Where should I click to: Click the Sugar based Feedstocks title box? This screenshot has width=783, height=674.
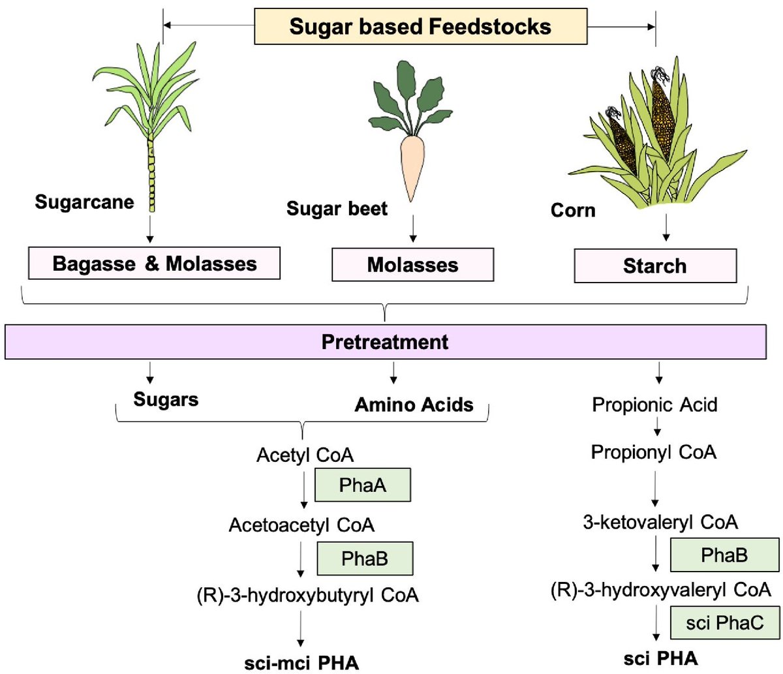tap(420, 27)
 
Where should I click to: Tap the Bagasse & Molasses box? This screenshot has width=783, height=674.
tap(154, 263)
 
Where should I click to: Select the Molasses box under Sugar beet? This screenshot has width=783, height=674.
tap(412, 264)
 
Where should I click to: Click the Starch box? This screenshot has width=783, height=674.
tap(655, 266)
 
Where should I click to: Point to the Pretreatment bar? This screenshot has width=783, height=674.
tap(385, 342)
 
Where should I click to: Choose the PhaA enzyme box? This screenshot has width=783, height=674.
tap(362, 485)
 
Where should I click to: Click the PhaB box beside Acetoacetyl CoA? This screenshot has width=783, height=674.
tap(365, 559)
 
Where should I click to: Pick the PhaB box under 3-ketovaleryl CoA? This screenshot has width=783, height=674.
tap(724, 555)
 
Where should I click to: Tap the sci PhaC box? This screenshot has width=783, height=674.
tap(724, 622)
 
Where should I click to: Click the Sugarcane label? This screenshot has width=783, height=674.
tap(85, 202)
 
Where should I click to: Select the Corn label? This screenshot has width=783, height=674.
tap(573, 210)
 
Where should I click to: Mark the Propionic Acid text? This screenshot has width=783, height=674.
tap(654, 405)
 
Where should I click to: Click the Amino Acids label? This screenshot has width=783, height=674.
tap(414, 405)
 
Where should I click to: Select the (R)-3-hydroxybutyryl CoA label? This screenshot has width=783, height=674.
tap(307, 595)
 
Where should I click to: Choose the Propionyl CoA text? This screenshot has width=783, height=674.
tap(653, 452)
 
